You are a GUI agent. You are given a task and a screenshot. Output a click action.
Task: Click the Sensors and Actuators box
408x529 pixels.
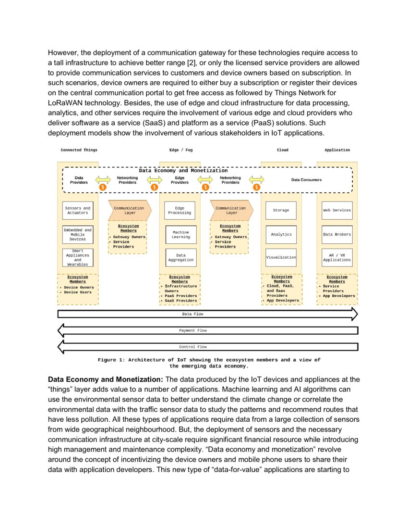77,210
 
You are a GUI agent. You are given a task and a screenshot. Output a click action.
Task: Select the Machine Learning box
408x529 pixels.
180,234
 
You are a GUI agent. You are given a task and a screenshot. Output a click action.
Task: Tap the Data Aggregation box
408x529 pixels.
180,258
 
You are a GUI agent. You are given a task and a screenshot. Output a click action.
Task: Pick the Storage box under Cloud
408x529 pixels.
281,210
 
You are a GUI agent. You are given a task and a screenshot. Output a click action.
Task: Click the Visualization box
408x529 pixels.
281,257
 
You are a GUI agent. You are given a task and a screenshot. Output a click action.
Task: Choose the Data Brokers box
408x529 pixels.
336,234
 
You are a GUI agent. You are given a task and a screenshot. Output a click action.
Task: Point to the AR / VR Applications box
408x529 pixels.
336,257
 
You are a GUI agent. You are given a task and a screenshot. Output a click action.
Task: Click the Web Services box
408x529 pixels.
336,210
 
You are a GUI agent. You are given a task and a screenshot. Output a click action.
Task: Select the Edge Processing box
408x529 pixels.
180,210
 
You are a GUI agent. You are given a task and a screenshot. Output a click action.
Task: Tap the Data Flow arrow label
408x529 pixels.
193,314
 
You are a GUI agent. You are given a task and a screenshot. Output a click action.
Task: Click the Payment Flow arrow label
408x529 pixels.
193,330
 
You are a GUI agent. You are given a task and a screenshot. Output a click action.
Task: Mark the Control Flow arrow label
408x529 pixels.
193,346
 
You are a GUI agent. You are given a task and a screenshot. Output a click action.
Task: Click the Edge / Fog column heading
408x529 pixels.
181,150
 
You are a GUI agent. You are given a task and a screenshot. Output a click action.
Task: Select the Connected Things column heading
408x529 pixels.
79,150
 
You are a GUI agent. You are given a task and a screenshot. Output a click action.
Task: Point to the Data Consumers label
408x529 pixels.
306,180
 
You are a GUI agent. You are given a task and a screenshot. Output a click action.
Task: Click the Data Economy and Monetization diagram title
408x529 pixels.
183,170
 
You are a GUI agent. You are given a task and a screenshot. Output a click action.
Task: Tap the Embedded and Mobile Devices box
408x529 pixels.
77,234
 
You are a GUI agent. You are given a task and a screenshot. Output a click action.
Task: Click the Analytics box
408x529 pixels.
281,234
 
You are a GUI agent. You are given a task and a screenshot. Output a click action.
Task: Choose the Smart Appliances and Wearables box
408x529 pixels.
77,258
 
